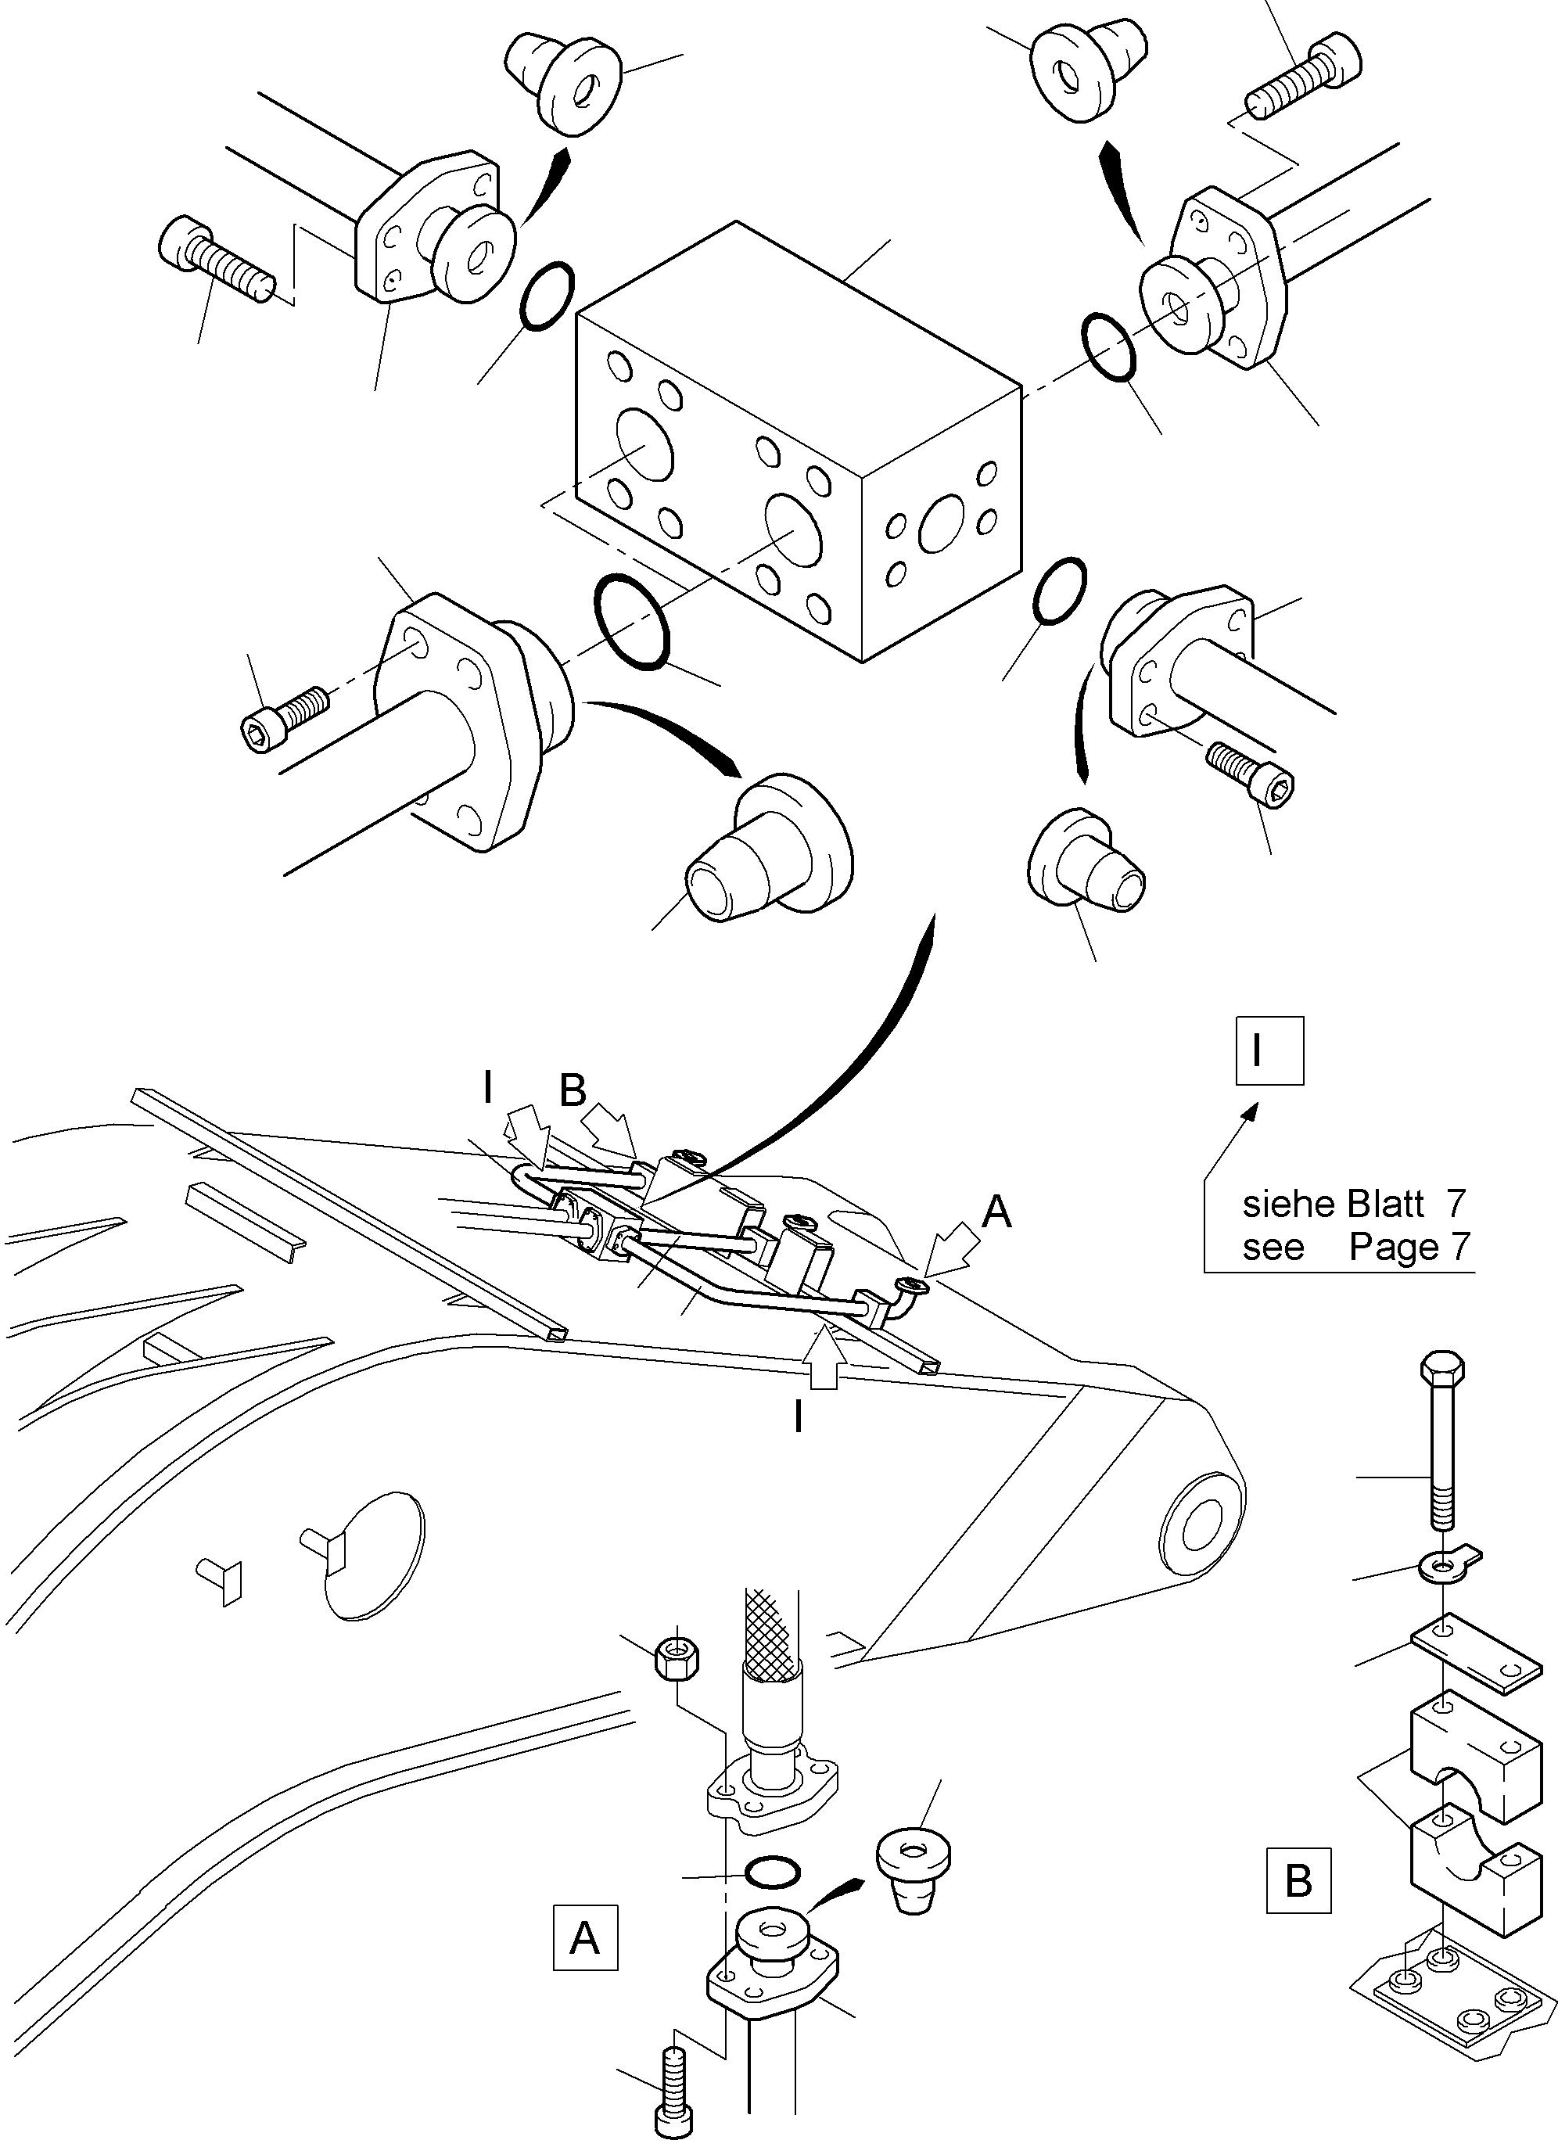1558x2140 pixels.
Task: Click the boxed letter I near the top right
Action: click(1269, 1050)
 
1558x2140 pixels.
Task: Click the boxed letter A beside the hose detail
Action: click(585, 1938)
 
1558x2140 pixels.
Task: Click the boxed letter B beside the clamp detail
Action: click(1298, 1880)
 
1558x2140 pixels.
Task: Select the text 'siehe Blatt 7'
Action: click(1354, 1204)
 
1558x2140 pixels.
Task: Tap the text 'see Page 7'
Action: click(1356, 1247)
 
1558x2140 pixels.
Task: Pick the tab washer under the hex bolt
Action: click(1445, 1567)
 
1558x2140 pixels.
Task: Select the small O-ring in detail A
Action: click(773, 1870)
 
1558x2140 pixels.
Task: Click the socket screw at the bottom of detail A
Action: click(672, 2089)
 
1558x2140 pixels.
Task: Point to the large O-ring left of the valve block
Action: click(631, 622)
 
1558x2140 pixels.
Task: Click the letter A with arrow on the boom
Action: click(996, 1212)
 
